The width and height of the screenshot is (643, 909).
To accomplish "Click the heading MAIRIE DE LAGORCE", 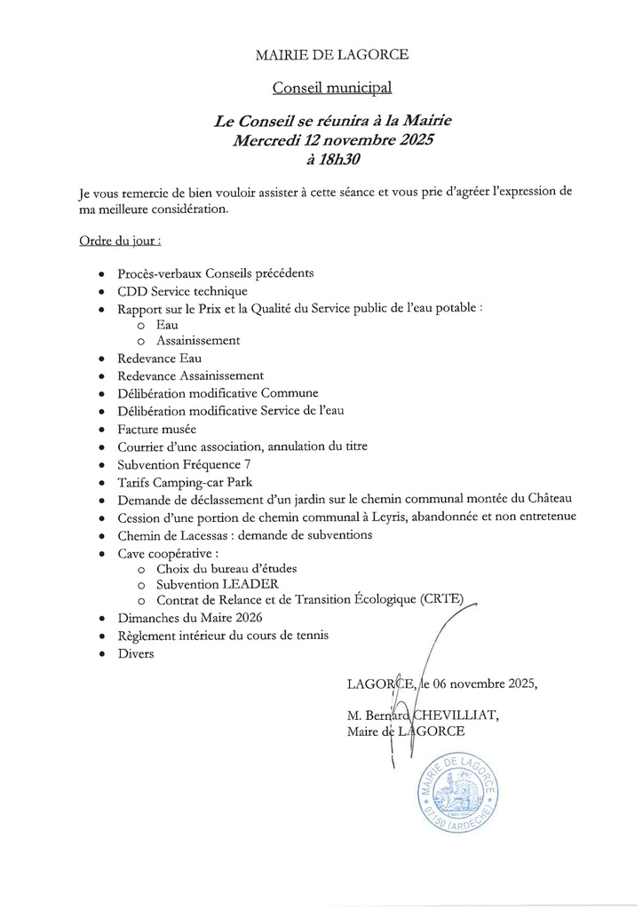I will click(x=332, y=55).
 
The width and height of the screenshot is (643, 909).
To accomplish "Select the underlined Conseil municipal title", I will click(x=331, y=88).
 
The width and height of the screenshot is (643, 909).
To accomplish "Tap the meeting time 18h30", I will click(x=334, y=161).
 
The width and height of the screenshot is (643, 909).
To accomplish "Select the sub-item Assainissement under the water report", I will click(x=198, y=340).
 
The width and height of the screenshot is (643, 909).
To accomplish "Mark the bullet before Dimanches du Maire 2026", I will click(x=105, y=619).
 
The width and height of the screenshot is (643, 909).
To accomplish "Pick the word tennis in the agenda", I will click(x=311, y=636).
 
